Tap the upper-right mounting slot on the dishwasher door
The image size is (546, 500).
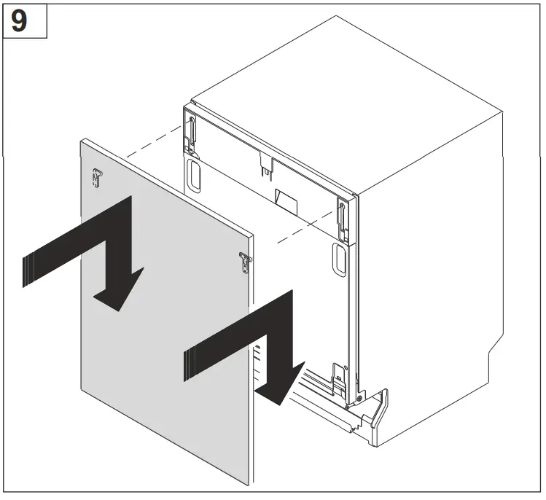pyautogui.click(x=340, y=216)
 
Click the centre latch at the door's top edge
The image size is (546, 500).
pyautogui.click(x=266, y=166)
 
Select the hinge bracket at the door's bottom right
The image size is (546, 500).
pyautogui.click(x=340, y=375)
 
